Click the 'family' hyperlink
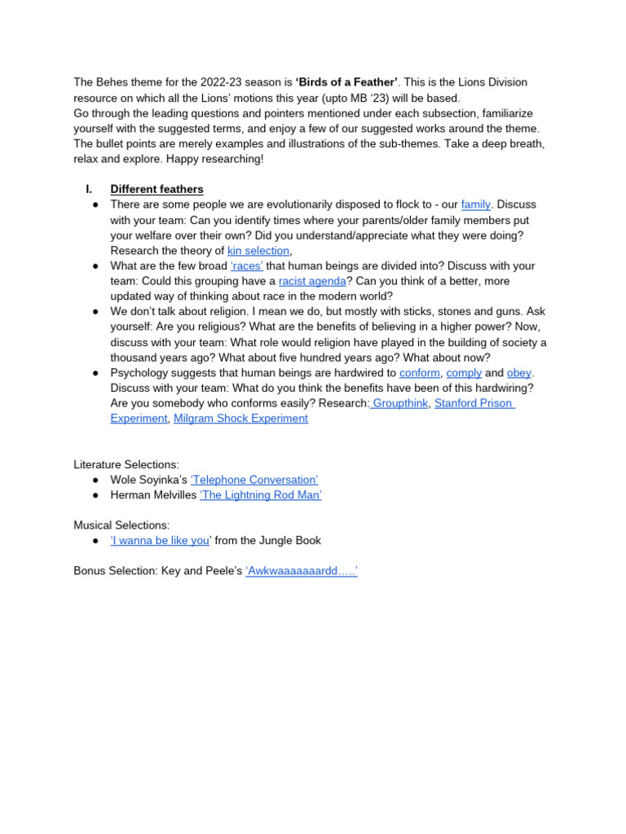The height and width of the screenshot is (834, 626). click(x=476, y=204)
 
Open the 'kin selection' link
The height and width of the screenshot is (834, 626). click(x=258, y=251)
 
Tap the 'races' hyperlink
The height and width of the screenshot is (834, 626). click(x=246, y=266)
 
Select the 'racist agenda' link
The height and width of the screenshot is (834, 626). click(x=312, y=281)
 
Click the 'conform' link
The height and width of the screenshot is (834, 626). click(x=420, y=373)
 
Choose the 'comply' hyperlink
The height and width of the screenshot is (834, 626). click(x=464, y=373)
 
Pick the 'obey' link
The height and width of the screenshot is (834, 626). click(x=519, y=373)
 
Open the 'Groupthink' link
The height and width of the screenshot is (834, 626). click(x=399, y=403)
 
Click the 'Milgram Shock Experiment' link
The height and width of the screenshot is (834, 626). click(x=240, y=419)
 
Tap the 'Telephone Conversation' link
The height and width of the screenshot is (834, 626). click(x=254, y=480)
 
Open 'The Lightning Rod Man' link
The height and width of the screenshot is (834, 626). click(x=260, y=495)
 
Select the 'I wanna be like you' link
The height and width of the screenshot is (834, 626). click(x=160, y=541)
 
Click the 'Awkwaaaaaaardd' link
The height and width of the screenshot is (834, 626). click(x=302, y=572)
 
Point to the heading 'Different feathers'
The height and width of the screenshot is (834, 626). click(x=156, y=190)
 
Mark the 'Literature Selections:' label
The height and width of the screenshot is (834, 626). click(x=126, y=464)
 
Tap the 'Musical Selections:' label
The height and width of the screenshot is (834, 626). click(x=121, y=525)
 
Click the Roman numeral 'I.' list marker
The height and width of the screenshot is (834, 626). click(x=90, y=190)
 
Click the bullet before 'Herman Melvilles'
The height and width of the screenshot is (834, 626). click(x=95, y=495)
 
